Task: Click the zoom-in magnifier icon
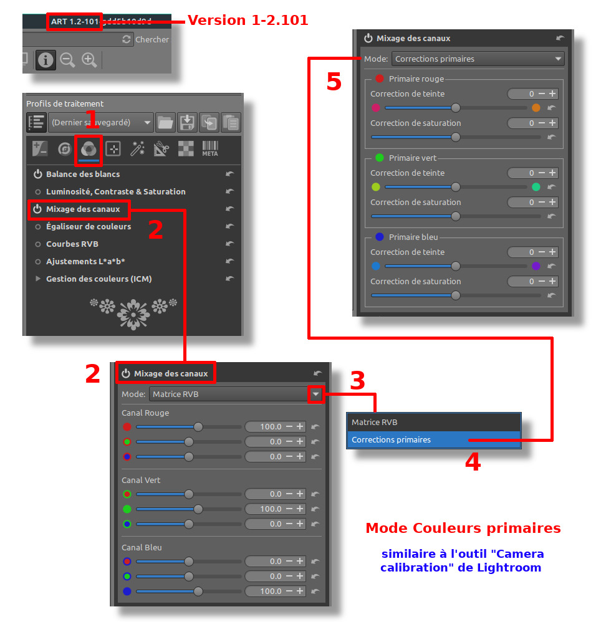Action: click(x=89, y=60)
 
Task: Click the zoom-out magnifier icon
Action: click(x=67, y=60)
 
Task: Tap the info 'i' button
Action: click(x=46, y=60)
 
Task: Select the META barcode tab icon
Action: click(x=210, y=149)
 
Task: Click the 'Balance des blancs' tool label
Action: click(x=83, y=174)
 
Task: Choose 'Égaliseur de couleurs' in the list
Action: click(x=89, y=226)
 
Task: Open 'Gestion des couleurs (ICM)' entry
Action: click(x=99, y=279)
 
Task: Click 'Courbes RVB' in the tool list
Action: click(x=72, y=244)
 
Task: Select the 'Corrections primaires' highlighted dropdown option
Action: click(x=391, y=439)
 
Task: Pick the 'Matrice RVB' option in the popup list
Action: click(x=374, y=422)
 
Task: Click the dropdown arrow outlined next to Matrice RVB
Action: click(x=316, y=395)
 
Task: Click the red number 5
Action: click(x=334, y=82)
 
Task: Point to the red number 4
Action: click(x=473, y=461)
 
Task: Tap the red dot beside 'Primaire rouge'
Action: click(x=380, y=79)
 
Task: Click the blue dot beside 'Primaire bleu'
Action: click(x=380, y=237)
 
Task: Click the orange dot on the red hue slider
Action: click(x=536, y=108)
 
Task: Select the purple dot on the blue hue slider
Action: click(x=536, y=266)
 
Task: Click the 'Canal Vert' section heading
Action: click(x=141, y=480)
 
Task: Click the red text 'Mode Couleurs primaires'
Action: click(x=463, y=528)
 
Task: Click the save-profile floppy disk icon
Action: click(x=187, y=122)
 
